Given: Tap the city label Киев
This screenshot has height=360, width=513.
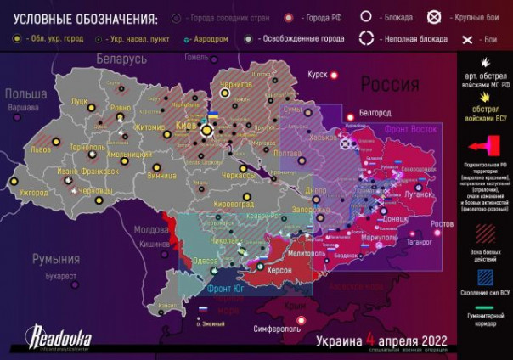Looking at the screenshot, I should coord(186,126).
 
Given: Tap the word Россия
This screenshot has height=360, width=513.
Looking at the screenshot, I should coord(390,84).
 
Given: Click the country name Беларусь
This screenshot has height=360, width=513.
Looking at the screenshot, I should coord(121,59).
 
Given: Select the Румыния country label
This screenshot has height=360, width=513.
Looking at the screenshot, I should coord(55,258).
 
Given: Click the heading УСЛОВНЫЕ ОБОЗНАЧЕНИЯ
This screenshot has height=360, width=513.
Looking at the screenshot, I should coord(80,18).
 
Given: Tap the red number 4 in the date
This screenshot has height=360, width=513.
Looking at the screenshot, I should coord(370,338).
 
